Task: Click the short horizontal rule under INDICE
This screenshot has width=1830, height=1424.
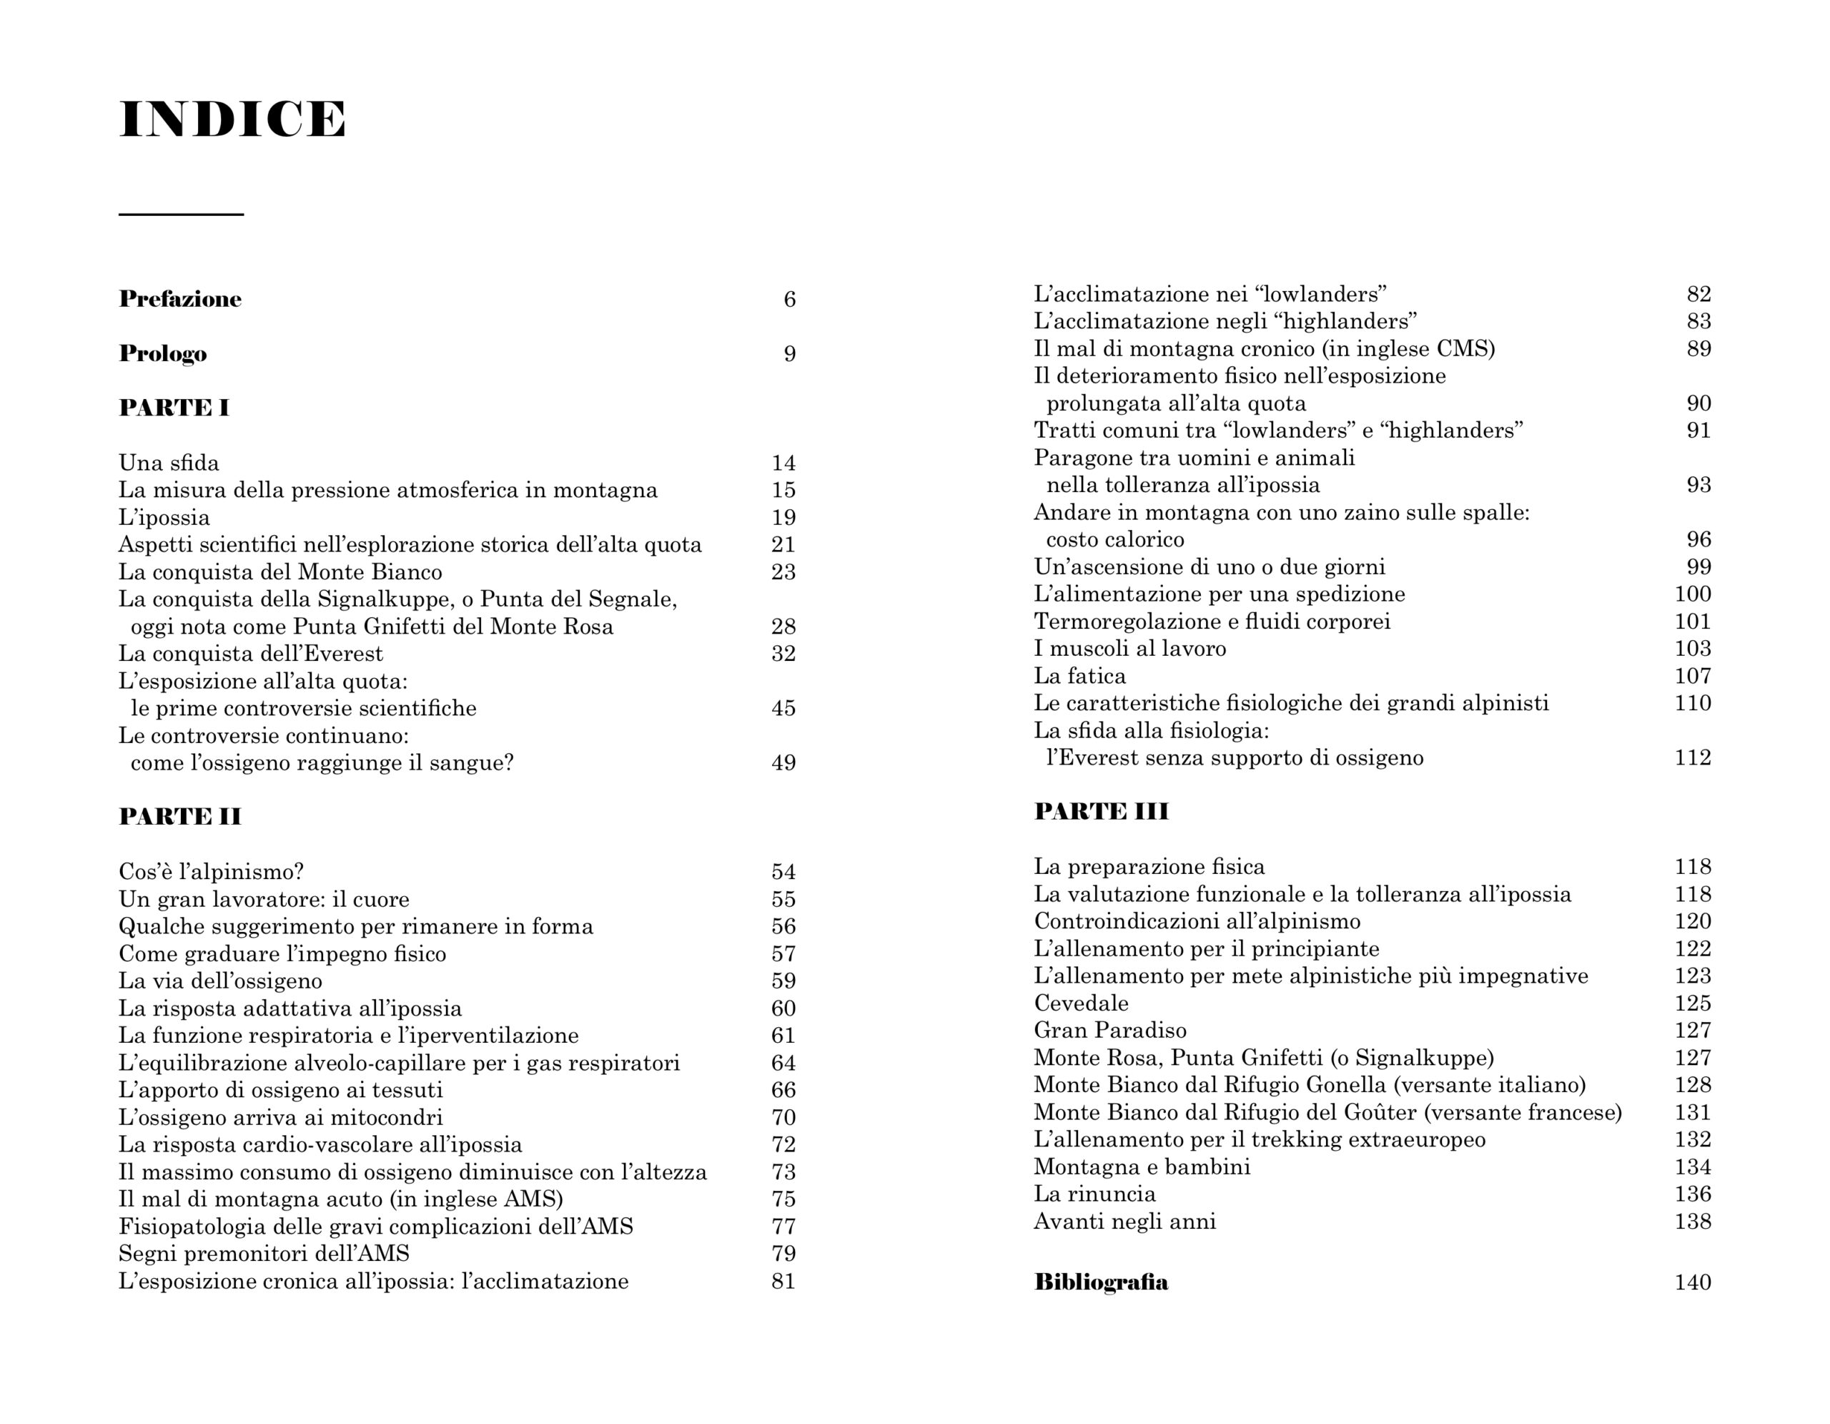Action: point(181,215)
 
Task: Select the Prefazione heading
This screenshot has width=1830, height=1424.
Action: point(180,299)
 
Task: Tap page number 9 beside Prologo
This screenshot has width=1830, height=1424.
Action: point(789,354)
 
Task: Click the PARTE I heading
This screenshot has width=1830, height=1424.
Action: point(174,408)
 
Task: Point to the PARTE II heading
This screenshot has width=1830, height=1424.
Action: point(180,816)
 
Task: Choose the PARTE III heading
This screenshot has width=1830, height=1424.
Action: point(1101,811)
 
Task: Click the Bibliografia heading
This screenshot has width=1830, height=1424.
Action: point(1101,1282)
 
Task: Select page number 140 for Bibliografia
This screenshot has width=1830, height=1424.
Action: point(1693,1282)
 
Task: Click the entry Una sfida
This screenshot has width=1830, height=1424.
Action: point(169,463)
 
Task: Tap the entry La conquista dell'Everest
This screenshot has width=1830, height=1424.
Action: point(250,654)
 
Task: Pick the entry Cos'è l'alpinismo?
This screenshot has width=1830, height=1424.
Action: point(211,872)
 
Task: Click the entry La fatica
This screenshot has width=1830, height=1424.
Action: point(1079,676)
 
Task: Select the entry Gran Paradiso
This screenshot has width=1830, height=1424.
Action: point(1110,1030)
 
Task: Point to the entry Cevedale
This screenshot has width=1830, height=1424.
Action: point(1081,1003)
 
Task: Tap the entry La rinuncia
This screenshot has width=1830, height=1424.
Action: point(1094,1194)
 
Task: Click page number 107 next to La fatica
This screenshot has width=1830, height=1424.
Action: point(1693,676)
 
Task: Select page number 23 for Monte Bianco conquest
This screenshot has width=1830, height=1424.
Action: point(783,571)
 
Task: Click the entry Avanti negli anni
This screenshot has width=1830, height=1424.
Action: point(1124,1221)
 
